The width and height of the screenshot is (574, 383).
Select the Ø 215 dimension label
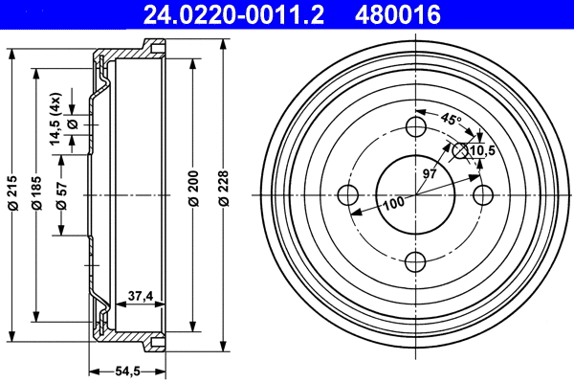pos(12,194)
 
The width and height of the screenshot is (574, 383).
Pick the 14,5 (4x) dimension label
pos(56,110)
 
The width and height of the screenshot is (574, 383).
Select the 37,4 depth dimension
pos(141,297)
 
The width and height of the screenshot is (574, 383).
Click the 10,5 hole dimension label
pos(482,150)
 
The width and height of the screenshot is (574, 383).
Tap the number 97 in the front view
pos(430,173)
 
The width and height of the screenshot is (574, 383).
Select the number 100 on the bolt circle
pos(394,203)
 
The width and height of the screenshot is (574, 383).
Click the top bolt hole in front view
pos(416,127)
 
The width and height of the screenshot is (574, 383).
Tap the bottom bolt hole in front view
pos(416,260)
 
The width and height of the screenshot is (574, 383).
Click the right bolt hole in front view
pos(483,194)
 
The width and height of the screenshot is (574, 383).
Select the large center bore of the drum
pos(416,194)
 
